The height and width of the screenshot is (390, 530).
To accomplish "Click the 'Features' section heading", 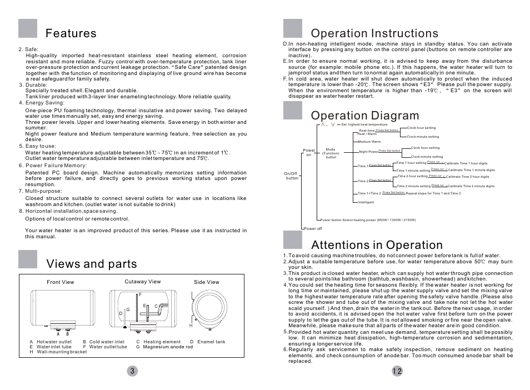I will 71,33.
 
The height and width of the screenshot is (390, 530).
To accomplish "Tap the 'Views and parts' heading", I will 92,263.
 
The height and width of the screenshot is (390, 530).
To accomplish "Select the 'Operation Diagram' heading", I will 365,116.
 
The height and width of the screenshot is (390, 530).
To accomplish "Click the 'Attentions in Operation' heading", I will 377,245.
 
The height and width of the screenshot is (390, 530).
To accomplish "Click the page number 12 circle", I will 397,371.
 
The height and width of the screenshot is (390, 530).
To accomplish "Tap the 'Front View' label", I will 61,282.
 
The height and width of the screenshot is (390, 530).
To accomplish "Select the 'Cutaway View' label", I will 142,282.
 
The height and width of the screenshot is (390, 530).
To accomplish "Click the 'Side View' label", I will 207,282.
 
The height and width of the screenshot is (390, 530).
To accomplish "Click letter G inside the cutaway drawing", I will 128,309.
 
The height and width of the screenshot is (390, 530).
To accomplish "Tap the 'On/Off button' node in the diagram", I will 292,176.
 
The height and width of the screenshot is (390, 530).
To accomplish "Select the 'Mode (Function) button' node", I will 331,153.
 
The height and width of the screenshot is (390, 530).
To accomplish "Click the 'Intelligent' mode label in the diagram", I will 367,202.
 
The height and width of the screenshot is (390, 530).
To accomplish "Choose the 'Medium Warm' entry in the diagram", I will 369,142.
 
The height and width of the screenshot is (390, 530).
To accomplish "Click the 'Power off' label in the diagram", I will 313,229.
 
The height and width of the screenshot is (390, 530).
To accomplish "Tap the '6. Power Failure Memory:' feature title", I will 53,165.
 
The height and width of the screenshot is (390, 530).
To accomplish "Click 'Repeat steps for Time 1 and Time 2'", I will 433,193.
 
